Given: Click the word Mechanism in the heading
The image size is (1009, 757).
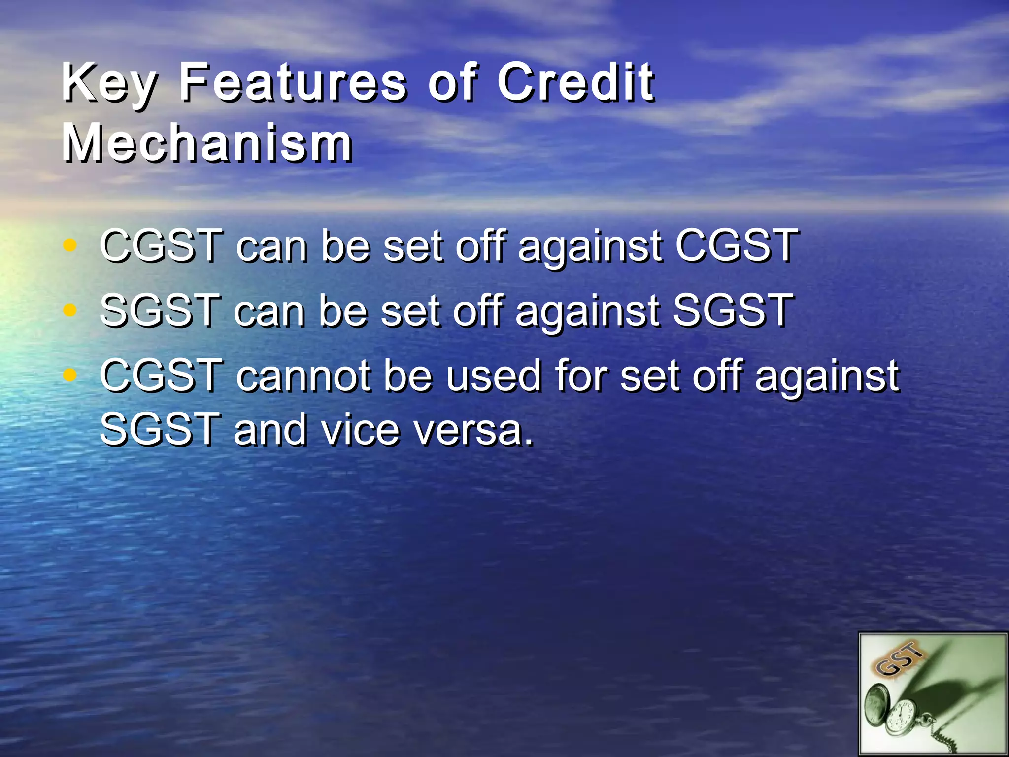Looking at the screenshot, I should coord(207,143).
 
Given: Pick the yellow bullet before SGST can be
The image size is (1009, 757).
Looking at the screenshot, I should coord(70,310).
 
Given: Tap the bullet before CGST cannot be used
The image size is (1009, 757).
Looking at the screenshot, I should coord(70,376).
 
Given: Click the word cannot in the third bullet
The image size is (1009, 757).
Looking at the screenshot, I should coord(303,376).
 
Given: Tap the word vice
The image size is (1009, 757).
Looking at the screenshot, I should coord(360,430).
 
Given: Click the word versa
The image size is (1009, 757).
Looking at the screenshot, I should coord(473,430).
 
